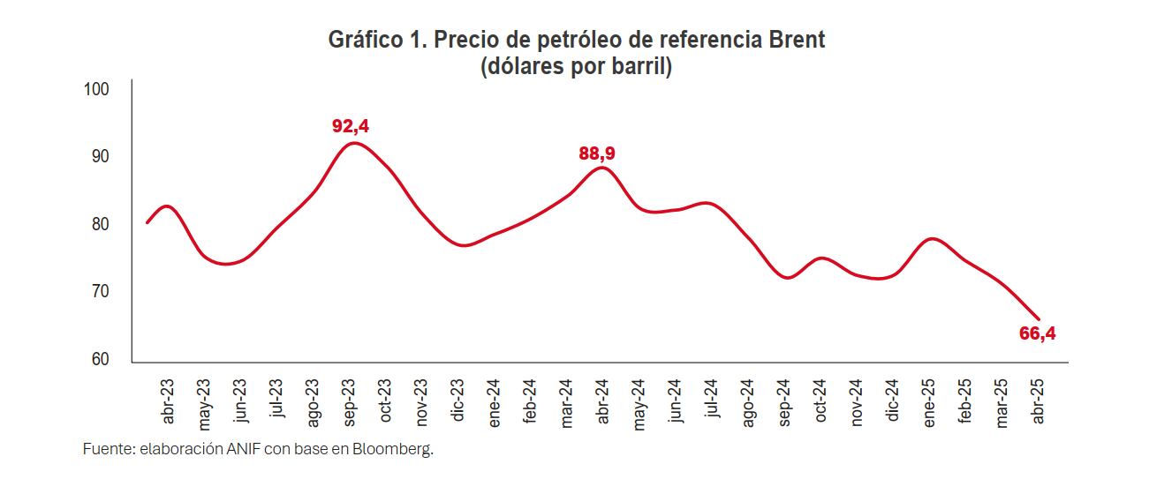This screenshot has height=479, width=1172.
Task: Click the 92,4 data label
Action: pos(350,127)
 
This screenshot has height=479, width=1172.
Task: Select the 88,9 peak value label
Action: pos(597,153)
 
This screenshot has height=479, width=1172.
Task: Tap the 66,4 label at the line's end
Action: pos(1037,333)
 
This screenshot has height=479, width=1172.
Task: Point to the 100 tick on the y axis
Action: pos(95,89)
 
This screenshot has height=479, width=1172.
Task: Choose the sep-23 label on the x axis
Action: pos(350,402)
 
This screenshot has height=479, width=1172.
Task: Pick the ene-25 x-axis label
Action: pos(929,402)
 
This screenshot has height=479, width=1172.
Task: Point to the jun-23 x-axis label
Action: pos(240,402)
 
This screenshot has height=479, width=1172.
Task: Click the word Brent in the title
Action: pos(790,41)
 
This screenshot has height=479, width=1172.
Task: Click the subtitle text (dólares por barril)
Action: pos(576,68)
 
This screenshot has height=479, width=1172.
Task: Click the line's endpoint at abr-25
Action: pos(1039,319)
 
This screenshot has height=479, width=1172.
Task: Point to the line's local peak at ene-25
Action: pos(933,239)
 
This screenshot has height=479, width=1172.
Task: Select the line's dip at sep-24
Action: pos(787,278)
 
